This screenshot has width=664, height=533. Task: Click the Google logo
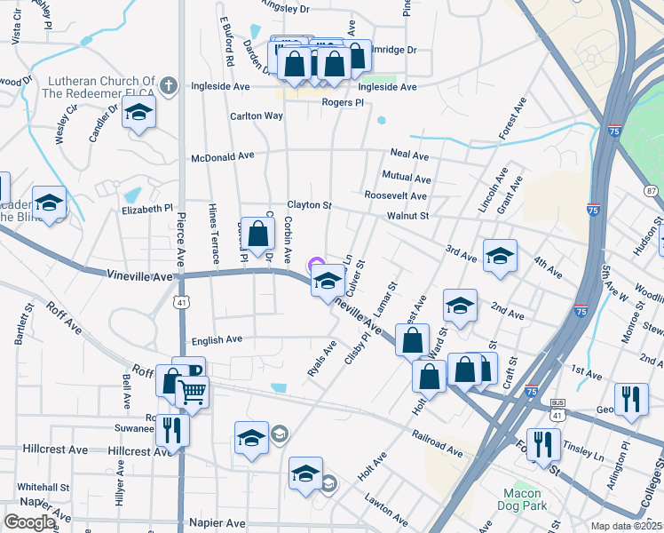click(29, 522)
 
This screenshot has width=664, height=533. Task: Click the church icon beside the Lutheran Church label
click(170, 87)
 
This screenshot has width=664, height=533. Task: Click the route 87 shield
click(652, 191)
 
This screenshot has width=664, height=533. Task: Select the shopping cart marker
click(193, 392)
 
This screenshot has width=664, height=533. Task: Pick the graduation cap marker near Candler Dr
click(138, 113)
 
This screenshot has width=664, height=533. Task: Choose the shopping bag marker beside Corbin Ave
click(257, 235)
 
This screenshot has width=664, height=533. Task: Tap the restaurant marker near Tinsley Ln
click(542, 444)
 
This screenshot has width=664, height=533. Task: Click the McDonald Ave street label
click(223, 156)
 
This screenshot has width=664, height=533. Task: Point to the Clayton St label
click(308, 205)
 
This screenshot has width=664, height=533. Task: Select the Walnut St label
click(407, 215)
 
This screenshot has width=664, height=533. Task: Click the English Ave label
click(217, 339)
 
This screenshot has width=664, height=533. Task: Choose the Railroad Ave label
click(437, 444)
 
